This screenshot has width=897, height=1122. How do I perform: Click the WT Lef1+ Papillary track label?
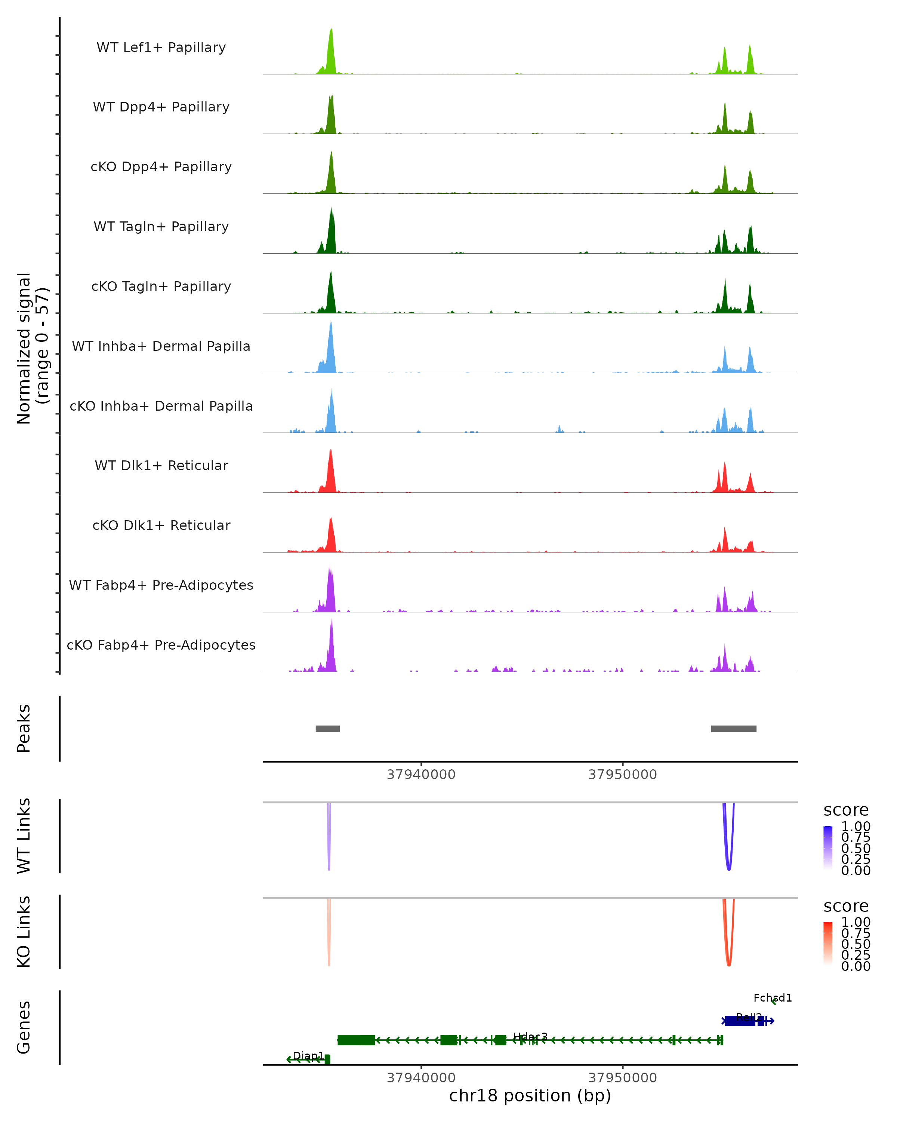161,47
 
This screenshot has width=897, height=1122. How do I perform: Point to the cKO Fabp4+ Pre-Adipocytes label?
161,645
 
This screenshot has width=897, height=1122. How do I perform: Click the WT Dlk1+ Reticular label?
161,466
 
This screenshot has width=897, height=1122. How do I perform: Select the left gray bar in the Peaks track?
328,729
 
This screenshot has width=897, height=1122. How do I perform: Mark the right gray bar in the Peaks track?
733,729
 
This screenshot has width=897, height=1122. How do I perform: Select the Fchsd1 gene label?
772,997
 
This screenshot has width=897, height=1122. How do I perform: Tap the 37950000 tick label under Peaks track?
622,775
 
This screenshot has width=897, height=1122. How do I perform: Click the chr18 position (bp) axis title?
530,1095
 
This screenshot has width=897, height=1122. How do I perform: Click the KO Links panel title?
24,932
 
